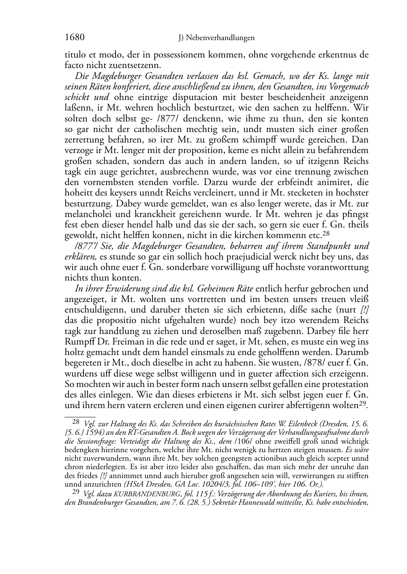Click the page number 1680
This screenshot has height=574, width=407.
coord(75,38)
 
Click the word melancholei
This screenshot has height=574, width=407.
coord(88,214)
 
